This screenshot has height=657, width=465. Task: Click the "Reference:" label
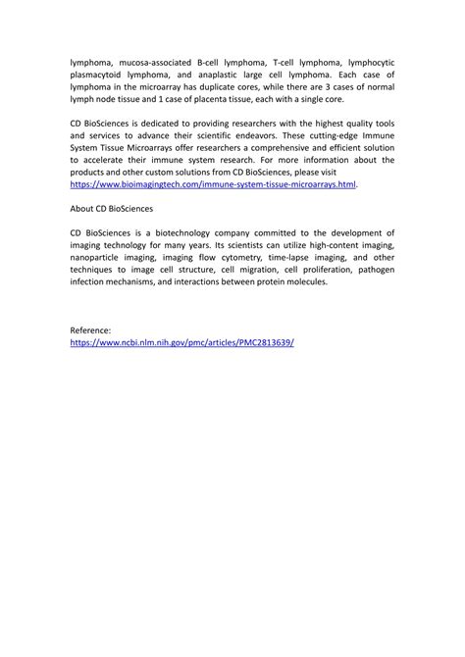92,331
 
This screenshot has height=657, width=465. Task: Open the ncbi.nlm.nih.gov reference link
182,344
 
